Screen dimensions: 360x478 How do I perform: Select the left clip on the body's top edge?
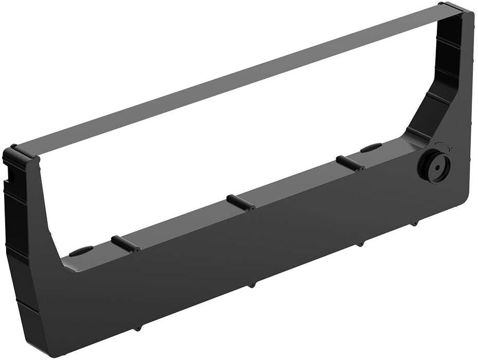pos(125,243)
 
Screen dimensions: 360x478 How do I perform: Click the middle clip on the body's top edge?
pos(241,202)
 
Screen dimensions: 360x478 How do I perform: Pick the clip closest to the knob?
pos(350,163)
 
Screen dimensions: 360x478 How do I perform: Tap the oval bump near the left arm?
pos(81,251)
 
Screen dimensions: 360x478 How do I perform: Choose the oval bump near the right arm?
pos(371,148)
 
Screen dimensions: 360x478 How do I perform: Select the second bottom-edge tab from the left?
pos(251,284)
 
